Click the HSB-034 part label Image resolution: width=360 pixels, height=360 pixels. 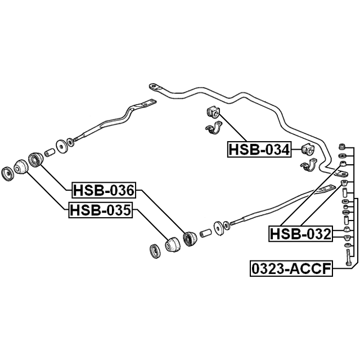click(x=259, y=150)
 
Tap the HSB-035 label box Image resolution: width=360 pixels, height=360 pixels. click(x=101, y=210)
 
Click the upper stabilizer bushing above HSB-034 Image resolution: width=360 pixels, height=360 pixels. click(x=214, y=112)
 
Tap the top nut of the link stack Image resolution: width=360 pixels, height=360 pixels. click(x=343, y=146)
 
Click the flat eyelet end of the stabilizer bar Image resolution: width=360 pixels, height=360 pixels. click(x=155, y=88)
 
